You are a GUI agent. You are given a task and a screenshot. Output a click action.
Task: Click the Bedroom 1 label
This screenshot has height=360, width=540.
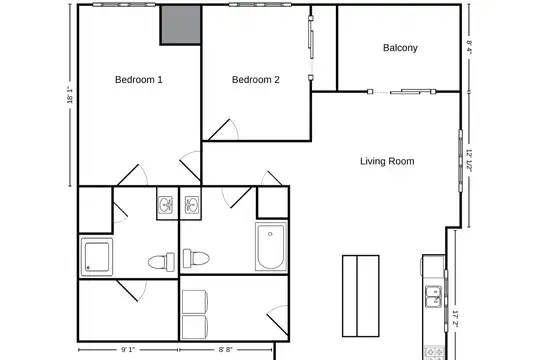click(x=138, y=80)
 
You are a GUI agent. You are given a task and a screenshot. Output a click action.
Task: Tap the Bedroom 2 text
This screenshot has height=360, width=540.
click(x=256, y=80)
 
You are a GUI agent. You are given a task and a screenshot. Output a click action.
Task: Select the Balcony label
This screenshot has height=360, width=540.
click(x=400, y=48)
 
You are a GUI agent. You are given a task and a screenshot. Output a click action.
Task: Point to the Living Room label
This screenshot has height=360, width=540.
click(x=387, y=161)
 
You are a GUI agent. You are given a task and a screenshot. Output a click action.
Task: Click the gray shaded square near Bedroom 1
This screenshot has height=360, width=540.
click(x=181, y=25)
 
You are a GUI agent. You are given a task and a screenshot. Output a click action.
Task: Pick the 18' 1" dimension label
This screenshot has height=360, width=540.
click(x=70, y=95)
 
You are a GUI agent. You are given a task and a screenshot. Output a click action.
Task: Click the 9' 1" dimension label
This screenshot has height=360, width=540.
click(x=128, y=350)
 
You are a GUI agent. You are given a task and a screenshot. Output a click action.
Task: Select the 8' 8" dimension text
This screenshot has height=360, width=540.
click(x=226, y=350)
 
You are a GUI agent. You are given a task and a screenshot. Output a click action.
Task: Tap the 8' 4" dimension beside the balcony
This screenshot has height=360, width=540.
click(x=469, y=47)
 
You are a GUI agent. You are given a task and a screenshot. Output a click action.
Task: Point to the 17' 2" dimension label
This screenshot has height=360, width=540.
click(x=455, y=319)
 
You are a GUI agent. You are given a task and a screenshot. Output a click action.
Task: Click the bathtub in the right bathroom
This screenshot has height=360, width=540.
click(x=271, y=247)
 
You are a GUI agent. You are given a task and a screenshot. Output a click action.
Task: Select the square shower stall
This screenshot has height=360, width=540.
click(x=97, y=257)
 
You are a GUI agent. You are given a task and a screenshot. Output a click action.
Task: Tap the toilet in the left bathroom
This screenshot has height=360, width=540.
click(x=162, y=262)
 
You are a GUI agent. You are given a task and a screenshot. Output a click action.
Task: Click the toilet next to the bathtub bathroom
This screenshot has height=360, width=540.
click(x=196, y=258)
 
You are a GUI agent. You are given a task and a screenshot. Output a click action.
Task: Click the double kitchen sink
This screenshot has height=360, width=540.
click(x=434, y=296)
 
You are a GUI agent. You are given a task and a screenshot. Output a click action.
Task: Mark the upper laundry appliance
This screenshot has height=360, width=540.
click(x=195, y=302)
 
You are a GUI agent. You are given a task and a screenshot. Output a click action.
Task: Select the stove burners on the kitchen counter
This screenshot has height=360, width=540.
click(x=435, y=353)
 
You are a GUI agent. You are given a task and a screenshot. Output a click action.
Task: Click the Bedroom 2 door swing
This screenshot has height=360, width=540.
click(x=224, y=130)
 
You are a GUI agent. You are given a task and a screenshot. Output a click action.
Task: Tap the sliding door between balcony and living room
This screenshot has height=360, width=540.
click(x=402, y=92)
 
